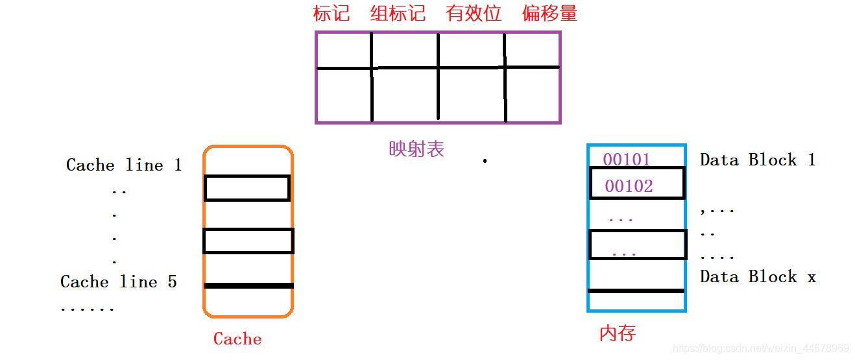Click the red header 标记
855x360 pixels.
331,14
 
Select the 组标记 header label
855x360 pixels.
398,14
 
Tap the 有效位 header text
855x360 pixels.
474,14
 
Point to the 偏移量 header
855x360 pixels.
549,14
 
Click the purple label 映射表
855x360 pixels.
416,149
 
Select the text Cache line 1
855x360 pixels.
124,165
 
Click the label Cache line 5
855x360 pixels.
119,282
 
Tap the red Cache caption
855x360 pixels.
237,339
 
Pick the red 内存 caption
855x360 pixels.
617,333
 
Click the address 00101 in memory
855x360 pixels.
627,160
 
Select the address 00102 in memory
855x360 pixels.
629,187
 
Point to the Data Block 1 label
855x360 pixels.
757,160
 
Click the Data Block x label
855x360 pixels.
757,277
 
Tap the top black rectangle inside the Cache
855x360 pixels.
247,188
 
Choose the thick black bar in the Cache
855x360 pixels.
248,285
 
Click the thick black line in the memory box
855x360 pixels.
636,291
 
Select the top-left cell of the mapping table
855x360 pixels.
344,50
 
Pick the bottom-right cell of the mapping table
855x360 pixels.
532,94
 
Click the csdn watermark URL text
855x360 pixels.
761,348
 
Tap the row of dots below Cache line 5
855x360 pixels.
87,309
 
